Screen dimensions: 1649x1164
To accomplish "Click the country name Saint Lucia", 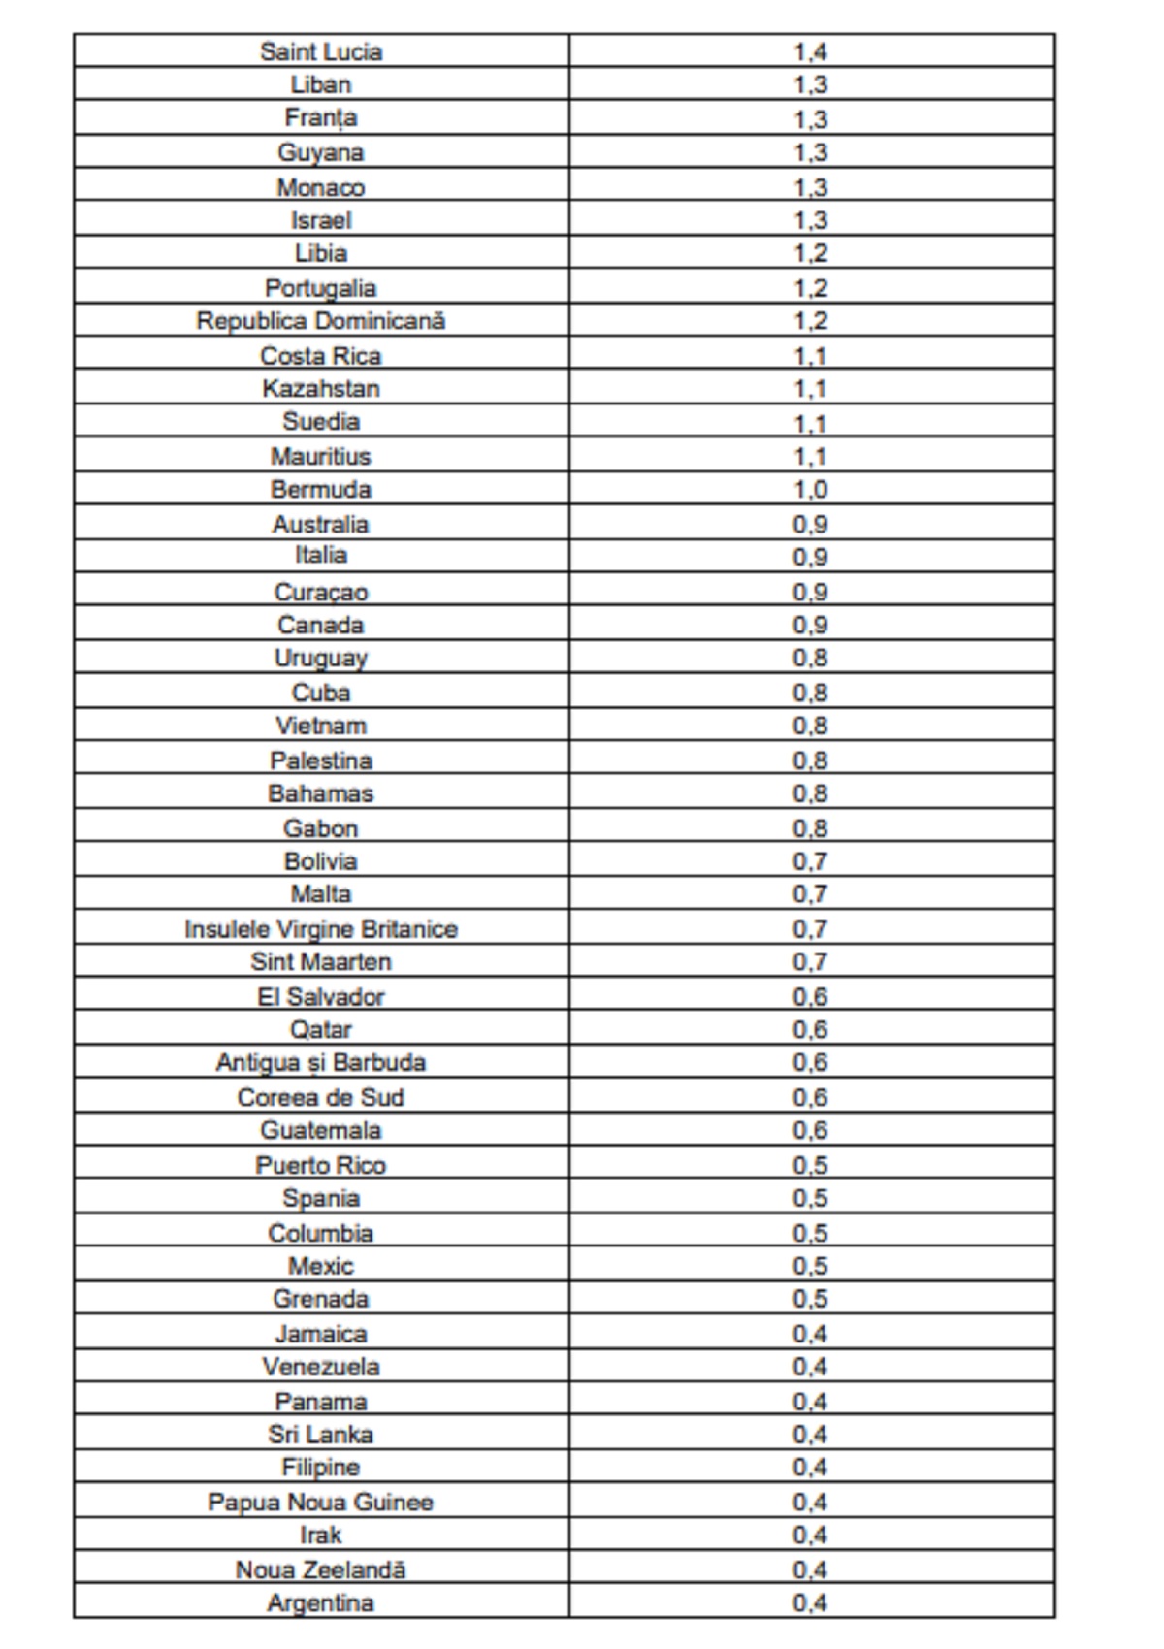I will [x=321, y=51].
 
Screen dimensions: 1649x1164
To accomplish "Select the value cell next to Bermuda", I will [x=810, y=489].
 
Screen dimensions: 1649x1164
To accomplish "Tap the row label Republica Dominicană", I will [x=321, y=321].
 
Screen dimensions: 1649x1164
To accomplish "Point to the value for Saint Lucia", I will [x=810, y=51].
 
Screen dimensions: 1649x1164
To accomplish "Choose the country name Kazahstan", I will [x=321, y=389].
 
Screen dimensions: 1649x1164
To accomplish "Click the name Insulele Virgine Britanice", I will [x=321, y=929].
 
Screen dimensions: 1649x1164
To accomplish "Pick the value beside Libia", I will [x=810, y=253].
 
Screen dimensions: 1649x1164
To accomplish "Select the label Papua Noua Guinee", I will [x=321, y=1503].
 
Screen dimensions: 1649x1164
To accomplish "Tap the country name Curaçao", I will [x=321, y=592].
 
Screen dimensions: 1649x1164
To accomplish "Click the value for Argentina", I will [x=810, y=1603].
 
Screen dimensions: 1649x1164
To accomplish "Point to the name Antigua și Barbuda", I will [x=321, y=1063].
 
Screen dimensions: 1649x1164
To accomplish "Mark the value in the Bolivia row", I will [x=810, y=861].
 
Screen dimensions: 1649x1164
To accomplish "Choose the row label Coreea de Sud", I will [x=321, y=1098].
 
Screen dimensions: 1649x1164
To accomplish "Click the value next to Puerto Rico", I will [x=810, y=1165].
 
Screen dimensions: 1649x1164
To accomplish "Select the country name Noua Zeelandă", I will [x=321, y=1569].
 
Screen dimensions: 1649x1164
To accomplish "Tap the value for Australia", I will [x=810, y=524].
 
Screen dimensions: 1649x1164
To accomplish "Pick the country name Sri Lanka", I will [x=321, y=1435].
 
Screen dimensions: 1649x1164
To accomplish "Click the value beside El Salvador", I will [x=810, y=997].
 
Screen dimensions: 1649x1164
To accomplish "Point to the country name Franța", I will [x=321, y=118].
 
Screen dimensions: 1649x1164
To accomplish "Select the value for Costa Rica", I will [x=810, y=356].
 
